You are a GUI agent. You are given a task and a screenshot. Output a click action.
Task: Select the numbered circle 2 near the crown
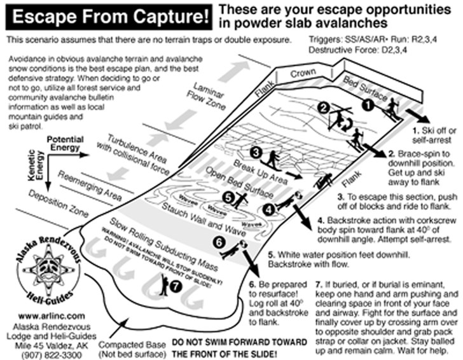click(324, 107)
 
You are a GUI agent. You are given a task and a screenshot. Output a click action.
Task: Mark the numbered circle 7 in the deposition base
click(176, 286)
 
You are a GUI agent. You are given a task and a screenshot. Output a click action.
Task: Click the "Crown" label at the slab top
click(303, 74)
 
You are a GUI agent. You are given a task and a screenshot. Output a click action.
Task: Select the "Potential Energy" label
click(66, 143)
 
